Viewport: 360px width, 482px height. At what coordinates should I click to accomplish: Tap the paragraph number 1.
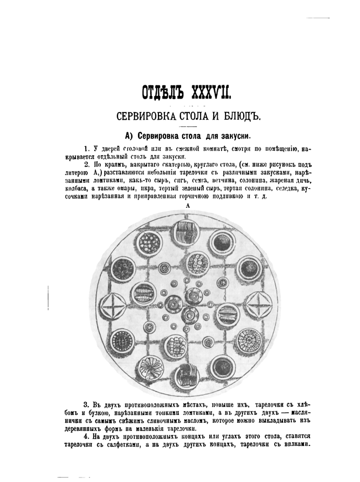pyautogui.click(x=86, y=148)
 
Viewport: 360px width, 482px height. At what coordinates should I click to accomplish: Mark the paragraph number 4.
pyautogui.click(x=86, y=438)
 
